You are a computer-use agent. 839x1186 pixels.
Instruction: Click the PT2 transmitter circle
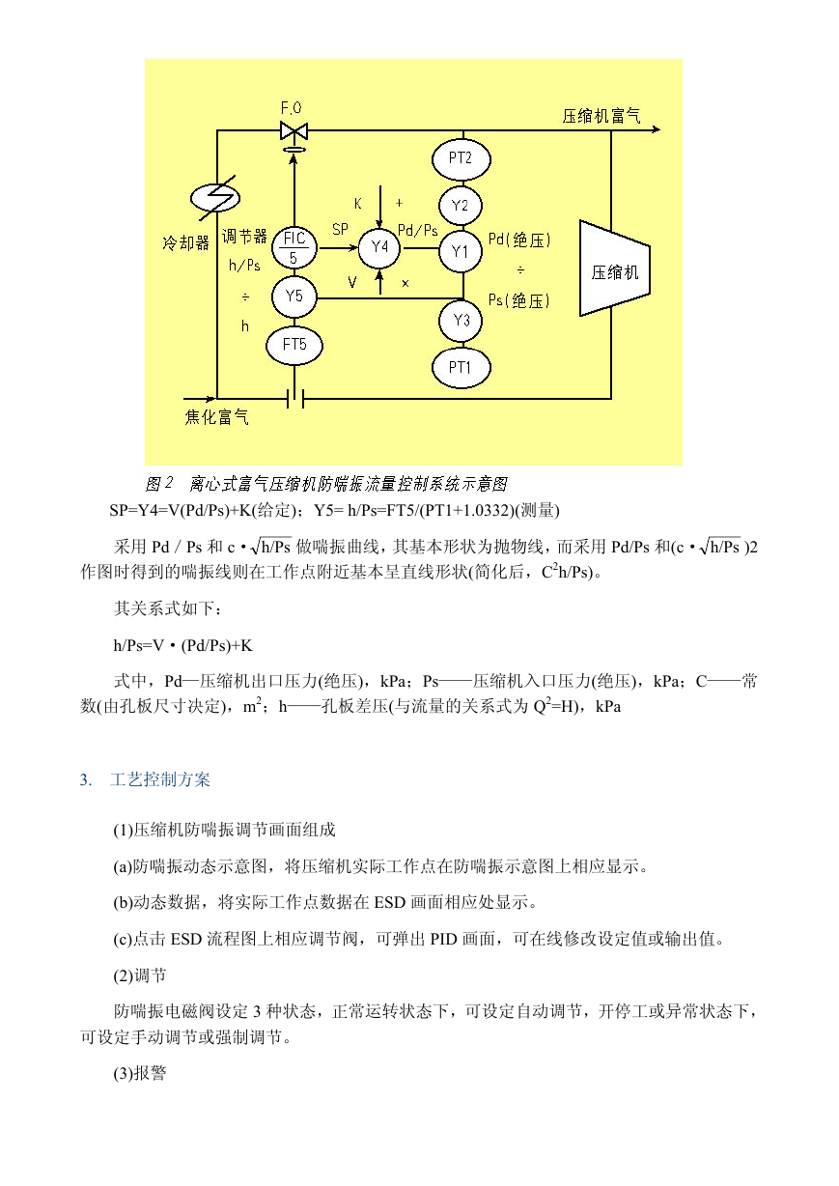pyautogui.click(x=461, y=158)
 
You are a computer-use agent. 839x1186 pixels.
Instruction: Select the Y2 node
pyautogui.click(x=461, y=206)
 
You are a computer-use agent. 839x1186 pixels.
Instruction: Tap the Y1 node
pyautogui.click(x=461, y=251)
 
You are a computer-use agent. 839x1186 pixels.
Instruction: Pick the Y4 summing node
pyautogui.click(x=379, y=247)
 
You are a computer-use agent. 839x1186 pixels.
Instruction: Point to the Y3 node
pyautogui.click(x=461, y=321)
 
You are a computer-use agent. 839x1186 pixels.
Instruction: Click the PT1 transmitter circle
pyautogui.click(x=461, y=367)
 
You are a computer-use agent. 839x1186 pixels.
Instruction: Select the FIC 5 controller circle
pyautogui.click(x=294, y=247)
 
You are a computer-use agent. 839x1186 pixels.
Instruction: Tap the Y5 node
pyautogui.click(x=294, y=296)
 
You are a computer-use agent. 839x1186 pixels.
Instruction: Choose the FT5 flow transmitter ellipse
pyautogui.click(x=294, y=345)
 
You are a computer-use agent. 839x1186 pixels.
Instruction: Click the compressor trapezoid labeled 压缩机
pyautogui.click(x=615, y=268)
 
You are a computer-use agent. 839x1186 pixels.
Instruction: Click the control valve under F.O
pyautogui.click(x=294, y=130)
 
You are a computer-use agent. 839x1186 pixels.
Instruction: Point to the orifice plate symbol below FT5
pyautogui.click(x=294, y=398)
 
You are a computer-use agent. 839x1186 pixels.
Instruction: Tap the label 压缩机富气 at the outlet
pyautogui.click(x=601, y=116)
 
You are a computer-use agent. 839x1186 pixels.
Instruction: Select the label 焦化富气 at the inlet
pyautogui.click(x=216, y=417)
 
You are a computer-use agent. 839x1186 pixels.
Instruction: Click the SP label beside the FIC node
pyautogui.click(x=341, y=229)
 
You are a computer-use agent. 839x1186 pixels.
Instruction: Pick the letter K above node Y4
pyautogui.click(x=358, y=204)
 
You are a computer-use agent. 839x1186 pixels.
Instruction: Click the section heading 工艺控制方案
pyautogui.click(x=160, y=780)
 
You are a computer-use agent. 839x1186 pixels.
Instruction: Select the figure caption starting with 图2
pyautogui.click(x=326, y=484)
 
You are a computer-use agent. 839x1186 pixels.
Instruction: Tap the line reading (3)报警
pyautogui.click(x=140, y=1073)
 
